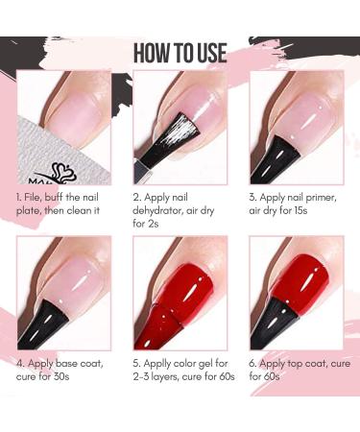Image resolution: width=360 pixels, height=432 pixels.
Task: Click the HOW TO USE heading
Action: [x=180, y=51]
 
